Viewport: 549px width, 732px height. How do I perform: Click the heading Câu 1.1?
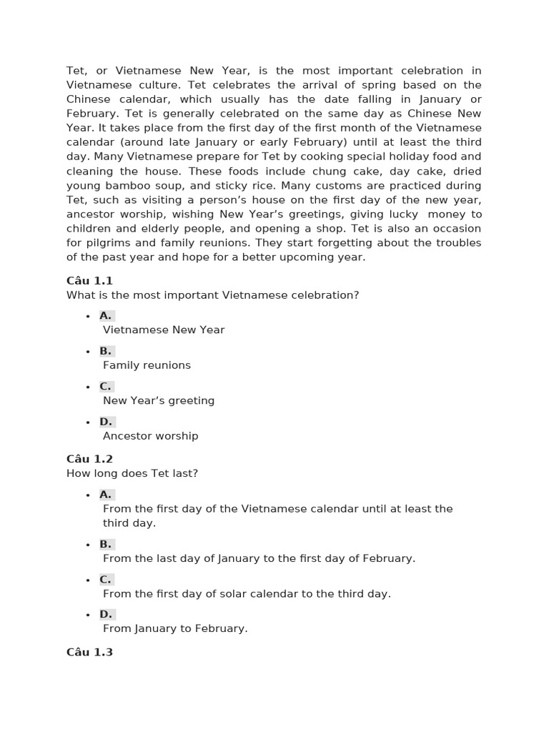[89, 281]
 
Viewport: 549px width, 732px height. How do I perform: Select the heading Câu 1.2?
[89, 459]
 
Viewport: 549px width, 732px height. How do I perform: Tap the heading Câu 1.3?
[89, 652]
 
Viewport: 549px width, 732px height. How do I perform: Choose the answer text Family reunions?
[147, 365]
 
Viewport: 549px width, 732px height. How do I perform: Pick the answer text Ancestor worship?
[150, 436]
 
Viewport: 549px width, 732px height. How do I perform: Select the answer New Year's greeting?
[159, 400]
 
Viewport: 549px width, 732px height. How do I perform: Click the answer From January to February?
[175, 628]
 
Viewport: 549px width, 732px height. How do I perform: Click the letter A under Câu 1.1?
[106, 315]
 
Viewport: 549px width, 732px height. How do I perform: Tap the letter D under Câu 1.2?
[106, 614]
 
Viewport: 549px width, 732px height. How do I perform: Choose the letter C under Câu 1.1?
[106, 386]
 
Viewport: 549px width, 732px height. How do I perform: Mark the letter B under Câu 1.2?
[106, 544]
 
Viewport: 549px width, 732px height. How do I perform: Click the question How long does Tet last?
[132, 473]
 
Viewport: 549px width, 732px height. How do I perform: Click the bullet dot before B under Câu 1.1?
[87, 352]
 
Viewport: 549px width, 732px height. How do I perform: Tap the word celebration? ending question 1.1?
[327, 295]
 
